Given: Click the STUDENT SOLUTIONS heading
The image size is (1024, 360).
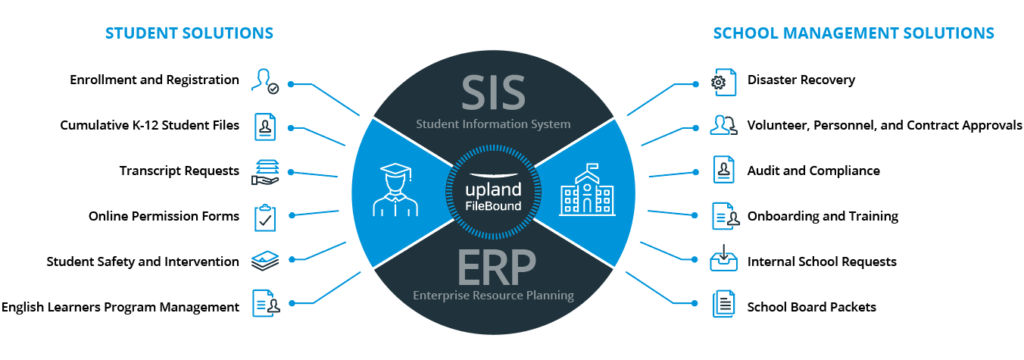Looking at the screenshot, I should [x=189, y=34].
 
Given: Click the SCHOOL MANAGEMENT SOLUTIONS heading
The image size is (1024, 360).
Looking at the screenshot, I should [x=853, y=34].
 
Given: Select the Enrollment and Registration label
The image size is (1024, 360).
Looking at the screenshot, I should [x=155, y=80].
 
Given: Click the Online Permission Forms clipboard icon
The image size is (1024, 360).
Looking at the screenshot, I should [x=265, y=216].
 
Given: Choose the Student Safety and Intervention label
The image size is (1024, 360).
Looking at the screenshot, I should [x=143, y=262].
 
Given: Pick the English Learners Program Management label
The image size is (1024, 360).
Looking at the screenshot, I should [x=121, y=307].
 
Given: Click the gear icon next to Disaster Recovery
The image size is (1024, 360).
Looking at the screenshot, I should [x=717, y=81].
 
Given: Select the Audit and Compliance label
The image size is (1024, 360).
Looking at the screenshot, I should [x=813, y=170].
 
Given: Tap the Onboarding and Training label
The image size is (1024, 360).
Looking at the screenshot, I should [x=822, y=216].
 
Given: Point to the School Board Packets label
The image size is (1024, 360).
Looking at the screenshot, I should [x=811, y=307].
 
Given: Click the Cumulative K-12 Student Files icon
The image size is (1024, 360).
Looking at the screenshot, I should [x=265, y=126].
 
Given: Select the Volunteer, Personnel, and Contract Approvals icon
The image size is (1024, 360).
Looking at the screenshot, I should [x=722, y=126].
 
